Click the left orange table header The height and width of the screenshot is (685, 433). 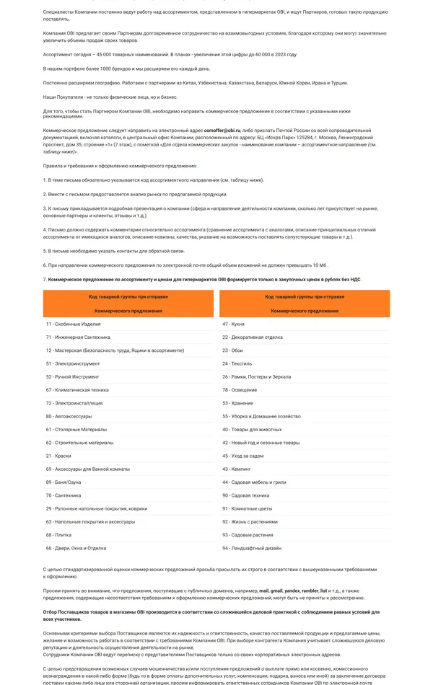coord(118,304)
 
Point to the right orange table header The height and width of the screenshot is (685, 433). coord(305,304)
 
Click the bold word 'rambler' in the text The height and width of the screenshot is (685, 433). coord(309,591)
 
